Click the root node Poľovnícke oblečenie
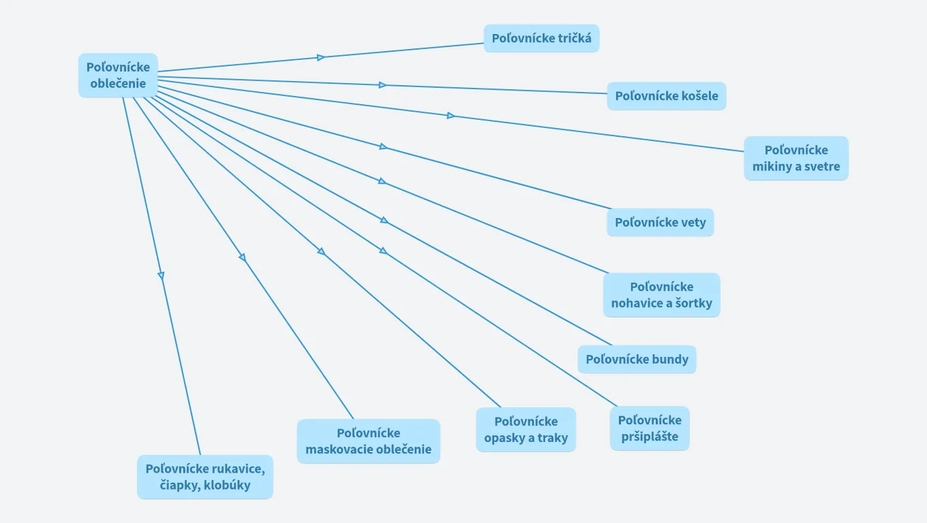[x=118, y=76]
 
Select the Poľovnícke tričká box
[x=541, y=38]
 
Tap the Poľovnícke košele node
[x=666, y=96]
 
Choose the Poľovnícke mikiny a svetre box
[x=795, y=158]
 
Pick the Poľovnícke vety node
[x=660, y=223]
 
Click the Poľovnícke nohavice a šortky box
[x=661, y=295]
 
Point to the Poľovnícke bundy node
[x=637, y=360]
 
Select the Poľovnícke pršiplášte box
[x=649, y=428]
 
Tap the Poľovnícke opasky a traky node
[x=526, y=430]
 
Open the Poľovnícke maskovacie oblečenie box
[x=368, y=441]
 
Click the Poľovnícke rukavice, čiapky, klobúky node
[x=204, y=477]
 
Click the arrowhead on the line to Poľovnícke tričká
[x=321, y=57]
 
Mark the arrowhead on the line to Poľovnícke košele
[x=383, y=85]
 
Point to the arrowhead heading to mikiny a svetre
[x=451, y=116]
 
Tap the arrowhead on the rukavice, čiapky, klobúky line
[x=161, y=275]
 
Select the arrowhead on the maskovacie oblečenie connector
[x=242, y=257]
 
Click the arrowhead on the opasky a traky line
[x=321, y=251]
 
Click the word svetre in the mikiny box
[x=821, y=166]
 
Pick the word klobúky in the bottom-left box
[x=227, y=486]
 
